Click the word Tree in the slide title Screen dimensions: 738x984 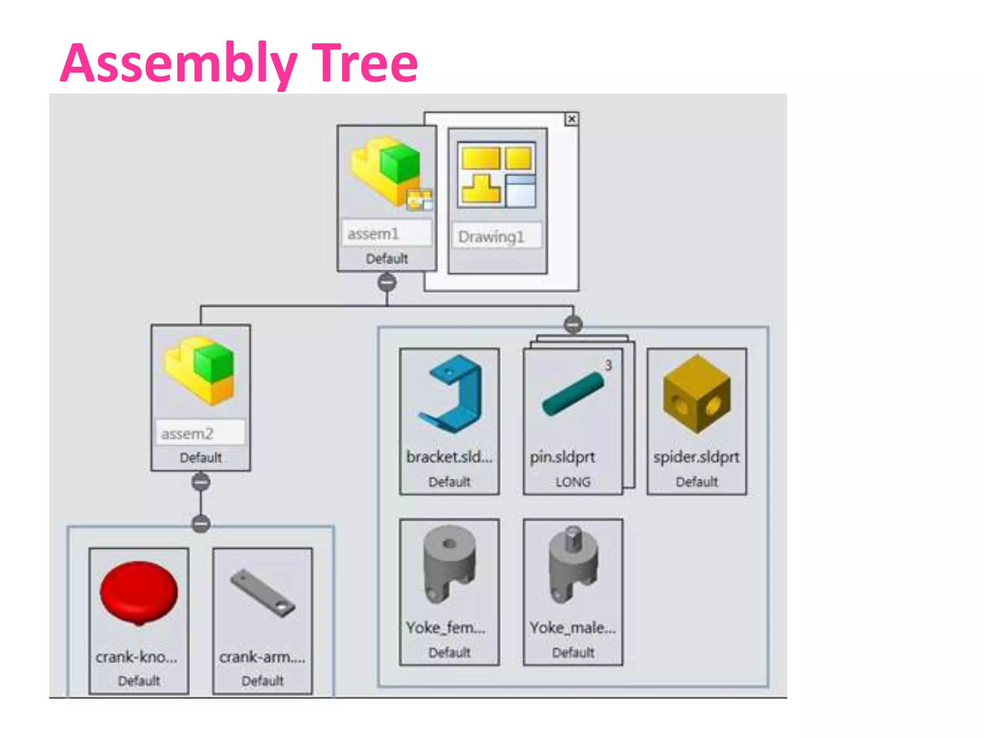click(x=365, y=62)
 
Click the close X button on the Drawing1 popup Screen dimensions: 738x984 click(x=571, y=119)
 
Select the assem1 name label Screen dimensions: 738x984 click(x=374, y=234)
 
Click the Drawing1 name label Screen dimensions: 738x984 click(x=491, y=237)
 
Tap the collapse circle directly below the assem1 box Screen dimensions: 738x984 click(x=387, y=283)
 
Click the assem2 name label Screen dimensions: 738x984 click(x=187, y=434)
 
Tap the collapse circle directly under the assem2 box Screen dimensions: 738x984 click(x=200, y=481)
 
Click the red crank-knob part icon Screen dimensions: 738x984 click(x=139, y=593)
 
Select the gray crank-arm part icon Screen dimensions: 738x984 click(x=263, y=593)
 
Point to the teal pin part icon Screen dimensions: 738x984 click(x=572, y=394)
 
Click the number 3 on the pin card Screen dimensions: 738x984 click(x=608, y=366)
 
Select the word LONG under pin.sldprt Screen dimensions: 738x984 click(x=573, y=482)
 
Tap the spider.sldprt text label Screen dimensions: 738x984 click(x=696, y=457)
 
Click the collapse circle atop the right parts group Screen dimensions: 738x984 click(x=573, y=325)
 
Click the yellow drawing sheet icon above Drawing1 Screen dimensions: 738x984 click(x=497, y=175)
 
